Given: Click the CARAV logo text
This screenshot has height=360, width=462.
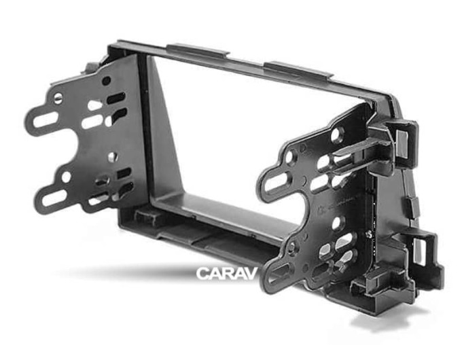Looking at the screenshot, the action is coord(227,273).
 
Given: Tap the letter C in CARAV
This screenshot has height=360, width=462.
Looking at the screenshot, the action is coord(202,273).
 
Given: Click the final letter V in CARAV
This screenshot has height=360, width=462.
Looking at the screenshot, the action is coord(251,273).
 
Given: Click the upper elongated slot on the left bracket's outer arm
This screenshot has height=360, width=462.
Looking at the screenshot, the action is coord(46,119).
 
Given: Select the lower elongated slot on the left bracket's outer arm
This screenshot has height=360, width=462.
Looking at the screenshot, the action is coord(54,198).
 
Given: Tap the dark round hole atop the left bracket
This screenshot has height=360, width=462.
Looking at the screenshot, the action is coord(107,80).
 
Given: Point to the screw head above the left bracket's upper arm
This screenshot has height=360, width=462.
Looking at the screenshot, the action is coord(58,98).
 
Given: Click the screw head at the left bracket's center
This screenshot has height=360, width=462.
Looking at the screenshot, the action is coord(112,157).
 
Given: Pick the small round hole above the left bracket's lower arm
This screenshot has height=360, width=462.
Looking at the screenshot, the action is coord(67,177).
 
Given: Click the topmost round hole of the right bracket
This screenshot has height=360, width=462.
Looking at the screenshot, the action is coord(336,135).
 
